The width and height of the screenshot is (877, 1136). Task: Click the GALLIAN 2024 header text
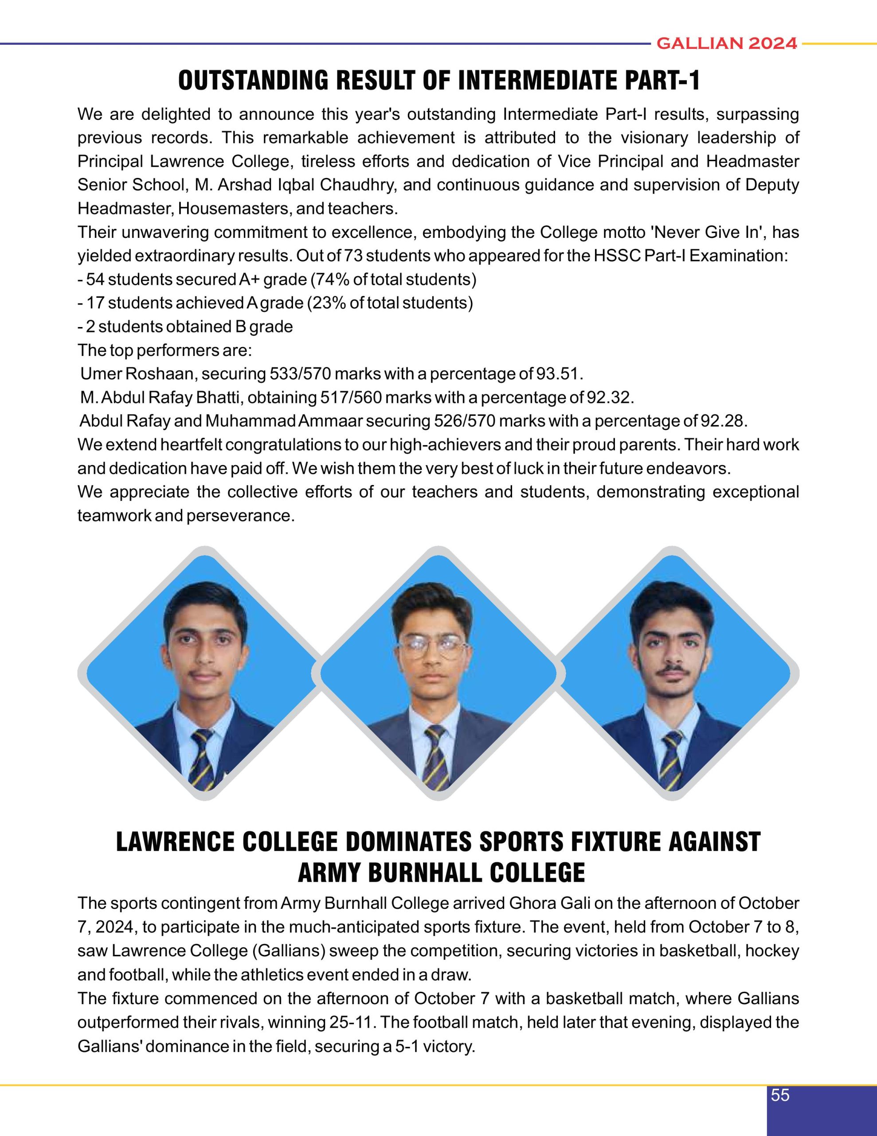(726, 43)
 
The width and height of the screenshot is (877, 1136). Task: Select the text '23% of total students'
(390, 303)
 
